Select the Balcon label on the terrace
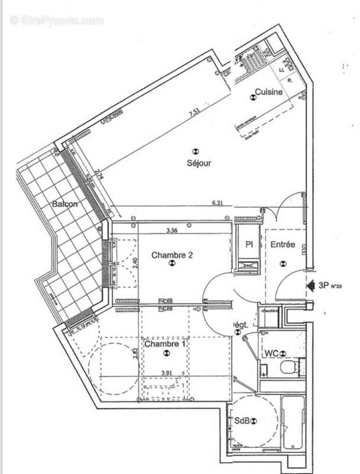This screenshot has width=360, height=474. click(65, 204)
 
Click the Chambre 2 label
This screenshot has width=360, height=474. click(172, 255)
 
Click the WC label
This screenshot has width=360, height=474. click(272, 354)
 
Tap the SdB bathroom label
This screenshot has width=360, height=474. click(242, 421)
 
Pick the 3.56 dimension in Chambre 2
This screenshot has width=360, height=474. click(172, 229)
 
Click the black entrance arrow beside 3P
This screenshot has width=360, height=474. click(310, 285)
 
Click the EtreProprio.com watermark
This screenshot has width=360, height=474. click(56, 20)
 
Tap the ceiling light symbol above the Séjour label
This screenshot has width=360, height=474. click(197, 150)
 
